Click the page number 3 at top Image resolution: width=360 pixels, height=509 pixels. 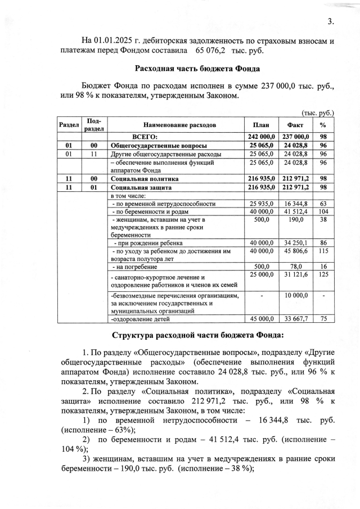[330, 22]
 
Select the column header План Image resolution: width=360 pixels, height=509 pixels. [260, 125]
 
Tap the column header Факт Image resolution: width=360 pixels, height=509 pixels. [295, 125]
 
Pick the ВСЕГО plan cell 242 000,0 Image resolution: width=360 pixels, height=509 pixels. [260, 136]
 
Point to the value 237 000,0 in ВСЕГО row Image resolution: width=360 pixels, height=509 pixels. [296, 136]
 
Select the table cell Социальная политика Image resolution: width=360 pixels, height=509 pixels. [141, 178]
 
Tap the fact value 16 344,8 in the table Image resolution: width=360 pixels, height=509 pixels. [296, 203]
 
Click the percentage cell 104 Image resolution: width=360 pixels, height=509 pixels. [323, 211]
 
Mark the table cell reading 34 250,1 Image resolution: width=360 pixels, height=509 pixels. [296, 243]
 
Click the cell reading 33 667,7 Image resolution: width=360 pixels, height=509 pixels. [296, 319]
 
